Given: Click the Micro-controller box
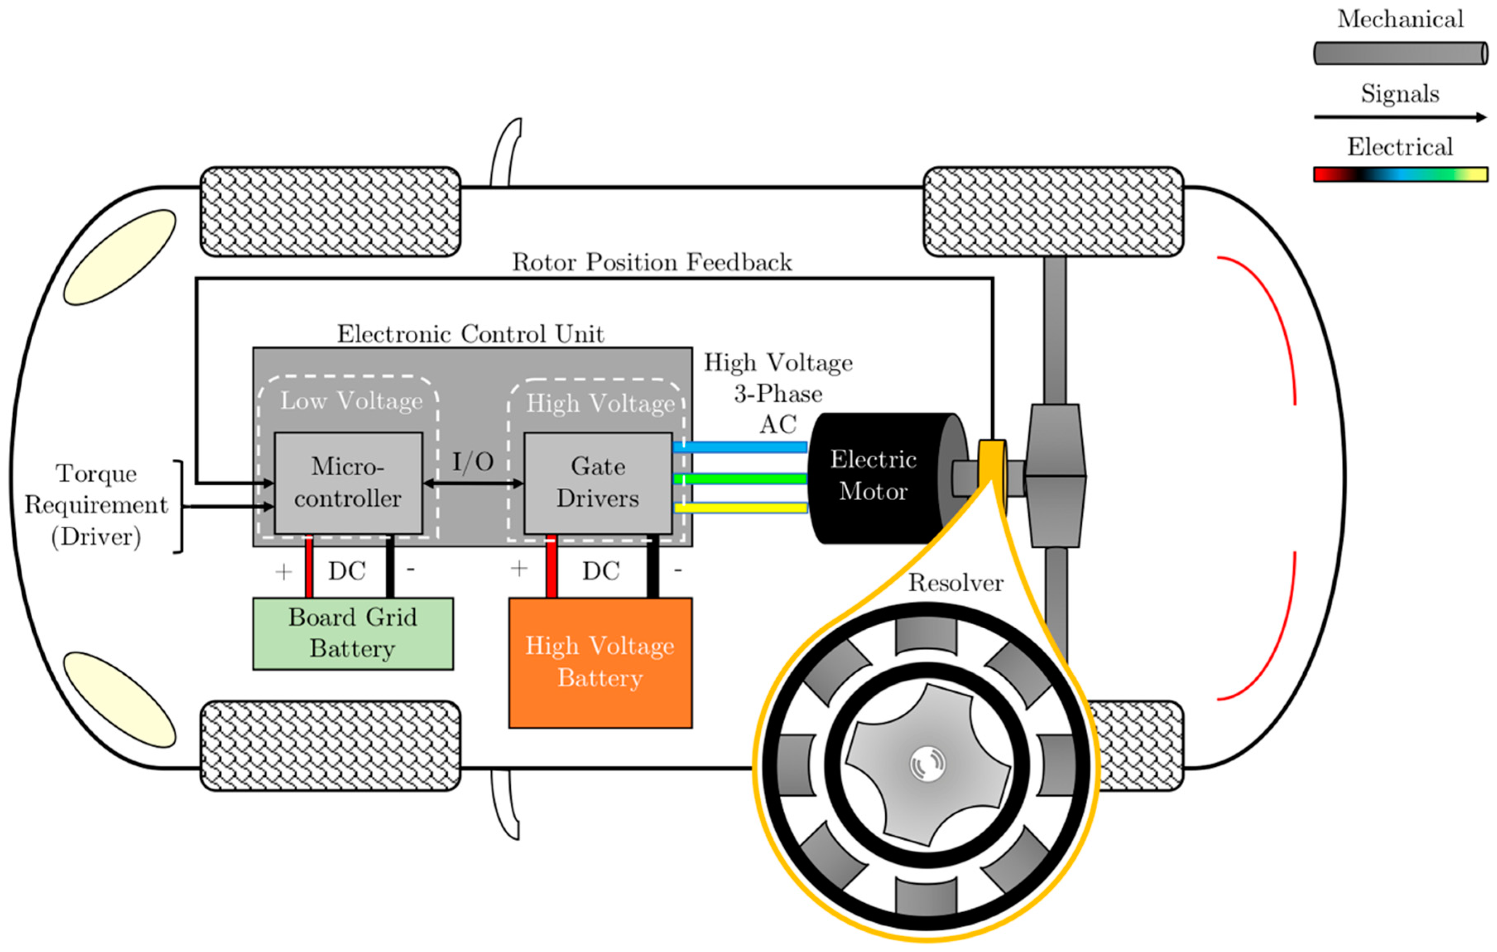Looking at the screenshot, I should tap(348, 483).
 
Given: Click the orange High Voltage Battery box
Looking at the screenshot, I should tap(600, 662).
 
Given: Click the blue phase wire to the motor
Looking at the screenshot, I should tap(740, 447).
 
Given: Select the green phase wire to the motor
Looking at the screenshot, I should tap(740, 479).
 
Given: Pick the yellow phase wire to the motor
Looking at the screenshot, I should tap(740, 508).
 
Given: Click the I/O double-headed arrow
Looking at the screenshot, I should tap(473, 483).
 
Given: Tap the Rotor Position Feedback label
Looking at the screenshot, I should tap(651, 262).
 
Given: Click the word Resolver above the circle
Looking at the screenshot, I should tap(956, 583).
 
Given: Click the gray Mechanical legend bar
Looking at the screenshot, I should tap(1400, 53).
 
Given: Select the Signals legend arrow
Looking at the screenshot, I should tap(1400, 117).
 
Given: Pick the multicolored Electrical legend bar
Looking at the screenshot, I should tap(1400, 174).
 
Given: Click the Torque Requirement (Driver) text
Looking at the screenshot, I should tap(96, 505).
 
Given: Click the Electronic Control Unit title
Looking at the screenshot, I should tap(470, 334).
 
